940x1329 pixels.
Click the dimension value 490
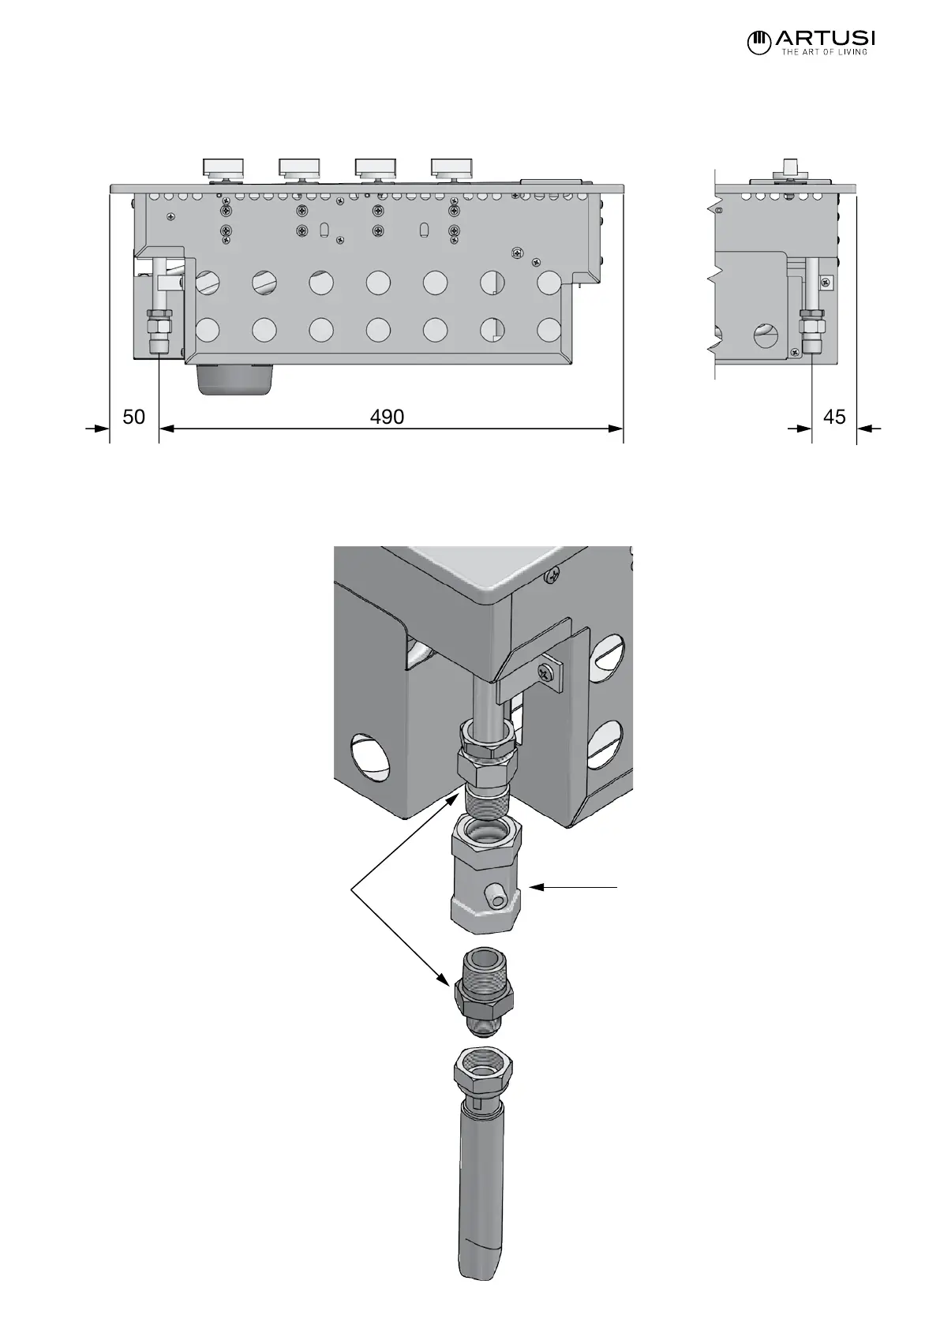(x=387, y=416)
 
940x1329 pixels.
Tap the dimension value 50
(x=134, y=416)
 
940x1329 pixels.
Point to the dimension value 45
(x=833, y=416)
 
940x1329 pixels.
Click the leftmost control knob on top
(x=224, y=167)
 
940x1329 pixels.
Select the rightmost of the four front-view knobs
(x=451, y=167)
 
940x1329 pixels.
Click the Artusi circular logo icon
(x=758, y=42)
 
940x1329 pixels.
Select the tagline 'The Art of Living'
(x=824, y=53)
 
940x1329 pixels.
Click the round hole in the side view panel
(x=766, y=336)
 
